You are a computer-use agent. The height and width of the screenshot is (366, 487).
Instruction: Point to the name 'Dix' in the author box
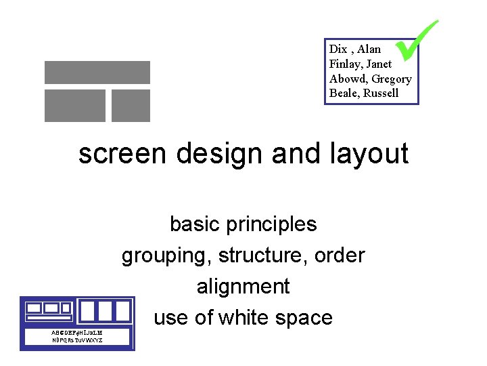tap(338, 49)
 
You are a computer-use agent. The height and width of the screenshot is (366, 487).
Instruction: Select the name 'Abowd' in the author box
tap(346, 79)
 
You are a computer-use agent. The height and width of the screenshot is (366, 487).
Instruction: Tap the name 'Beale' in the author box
tap(344, 94)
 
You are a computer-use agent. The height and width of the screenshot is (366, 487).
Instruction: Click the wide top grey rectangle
tap(97, 73)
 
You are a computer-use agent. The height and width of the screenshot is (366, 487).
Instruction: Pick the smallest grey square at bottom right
tap(131, 106)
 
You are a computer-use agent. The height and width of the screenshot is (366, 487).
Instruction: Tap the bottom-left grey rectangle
tap(75, 106)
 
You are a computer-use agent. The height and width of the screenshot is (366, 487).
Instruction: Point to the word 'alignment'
tap(243, 287)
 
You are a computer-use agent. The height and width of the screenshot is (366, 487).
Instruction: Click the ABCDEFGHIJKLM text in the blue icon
tap(77, 333)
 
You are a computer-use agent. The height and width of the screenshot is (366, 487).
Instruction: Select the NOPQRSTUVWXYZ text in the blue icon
tap(77, 340)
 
